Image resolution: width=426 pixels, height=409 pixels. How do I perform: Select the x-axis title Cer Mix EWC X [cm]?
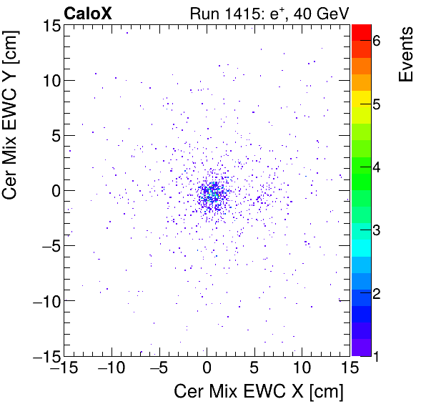pos(259,391)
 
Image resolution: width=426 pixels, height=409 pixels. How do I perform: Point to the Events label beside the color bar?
pos(405,54)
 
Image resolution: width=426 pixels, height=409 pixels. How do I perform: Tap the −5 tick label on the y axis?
pos(46,245)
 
